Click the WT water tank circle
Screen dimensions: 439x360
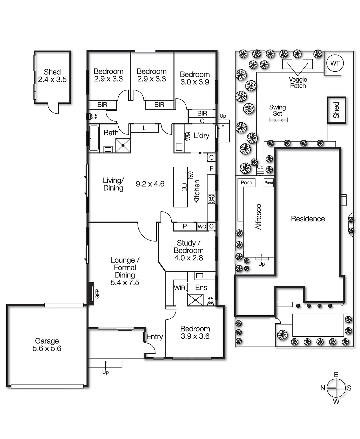point(335,63)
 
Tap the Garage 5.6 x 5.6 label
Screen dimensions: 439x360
point(47,345)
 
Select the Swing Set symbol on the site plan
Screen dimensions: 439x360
point(278,120)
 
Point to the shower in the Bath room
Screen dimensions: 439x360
point(123,145)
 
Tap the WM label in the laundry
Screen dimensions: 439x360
point(188,136)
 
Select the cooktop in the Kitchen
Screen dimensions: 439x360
point(211,199)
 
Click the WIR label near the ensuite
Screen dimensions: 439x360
point(179,288)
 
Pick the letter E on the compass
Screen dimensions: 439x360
point(336,375)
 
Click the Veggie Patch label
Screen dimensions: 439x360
point(298,83)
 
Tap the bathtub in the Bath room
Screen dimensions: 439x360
point(94,138)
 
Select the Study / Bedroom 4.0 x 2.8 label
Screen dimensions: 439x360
point(188,250)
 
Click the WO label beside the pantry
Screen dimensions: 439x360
point(202,227)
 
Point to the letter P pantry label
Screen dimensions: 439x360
point(185,226)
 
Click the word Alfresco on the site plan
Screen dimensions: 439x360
point(258,216)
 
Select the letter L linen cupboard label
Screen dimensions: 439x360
point(144,128)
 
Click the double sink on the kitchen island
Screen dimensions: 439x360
point(184,187)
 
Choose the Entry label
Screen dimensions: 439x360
point(155,337)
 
